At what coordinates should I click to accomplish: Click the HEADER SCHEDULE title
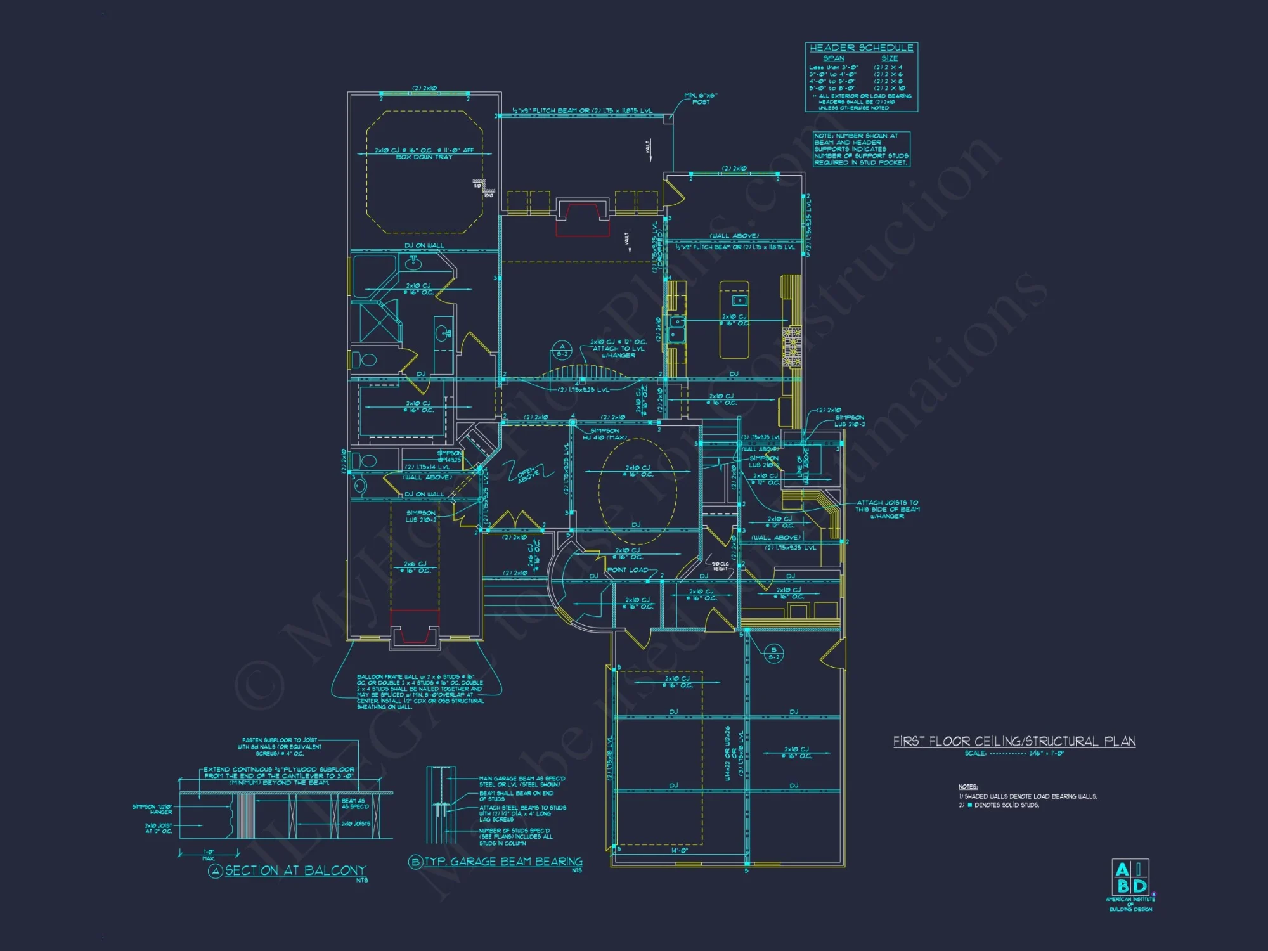[x=861, y=48]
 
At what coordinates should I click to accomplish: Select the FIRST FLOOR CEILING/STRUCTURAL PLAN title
[x=1014, y=741]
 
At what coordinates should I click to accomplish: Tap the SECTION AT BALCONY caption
[x=295, y=870]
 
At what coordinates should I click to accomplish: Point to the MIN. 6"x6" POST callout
[x=701, y=99]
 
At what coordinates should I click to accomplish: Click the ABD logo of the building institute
[x=1130, y=878]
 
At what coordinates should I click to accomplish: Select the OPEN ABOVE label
[x=527, y=474]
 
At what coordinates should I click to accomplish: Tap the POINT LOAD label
[x=628, y=570]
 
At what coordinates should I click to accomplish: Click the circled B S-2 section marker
[x=773, y=653]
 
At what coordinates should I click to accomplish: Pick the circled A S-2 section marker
[x=562, y=350]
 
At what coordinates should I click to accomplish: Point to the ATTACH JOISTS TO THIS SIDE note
[x=887, y=509]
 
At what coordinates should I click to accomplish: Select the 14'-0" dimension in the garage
[x=679, y=851]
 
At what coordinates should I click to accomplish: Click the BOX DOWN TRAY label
[x=424, y=157]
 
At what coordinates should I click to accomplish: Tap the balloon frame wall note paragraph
[x=420, y=692]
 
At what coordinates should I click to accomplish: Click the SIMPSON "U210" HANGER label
[x=152, y=809]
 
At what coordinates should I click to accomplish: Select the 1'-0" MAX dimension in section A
[x=209, y=855]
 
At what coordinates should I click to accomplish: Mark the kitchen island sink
[x=739, y=300]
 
